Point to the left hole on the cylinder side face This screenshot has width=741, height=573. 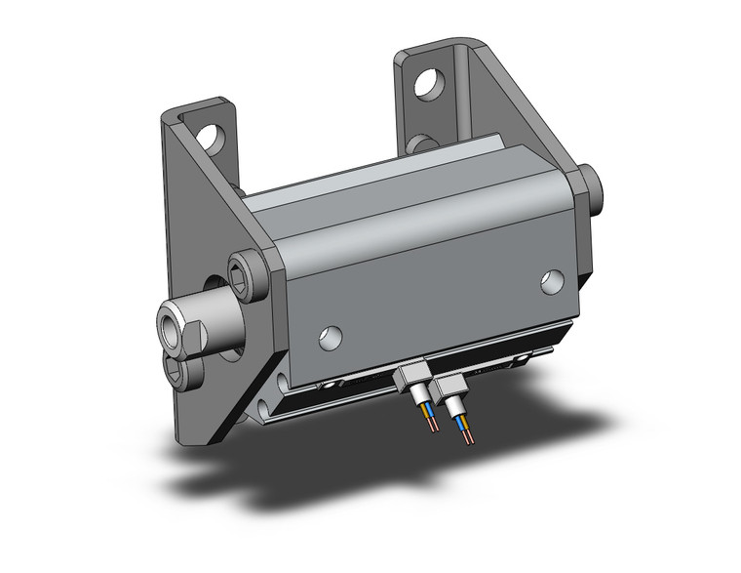tap(331, 337)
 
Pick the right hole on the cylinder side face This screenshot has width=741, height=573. tap(553, 282)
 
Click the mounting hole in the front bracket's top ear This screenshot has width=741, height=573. tap(207, 136)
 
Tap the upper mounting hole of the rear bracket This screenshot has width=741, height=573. tap(426, 85)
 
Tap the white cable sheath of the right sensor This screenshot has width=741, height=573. tap(455, 405)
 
